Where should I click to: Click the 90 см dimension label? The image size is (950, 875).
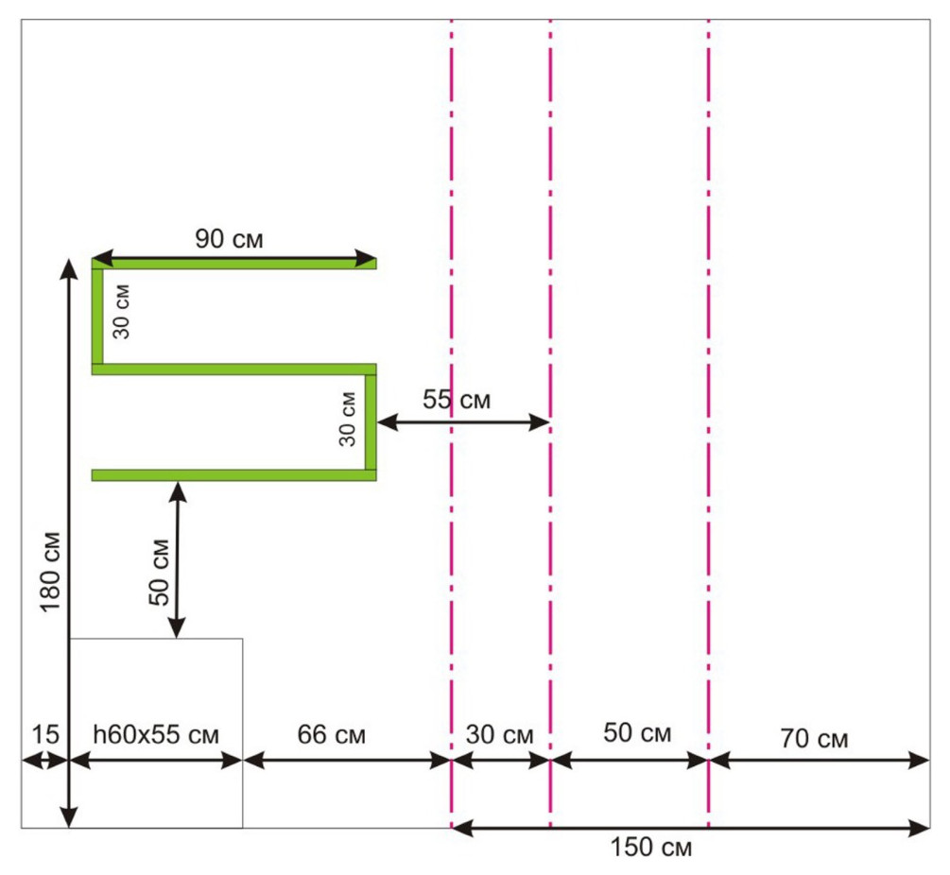[230, 239]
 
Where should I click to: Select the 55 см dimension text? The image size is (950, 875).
[457, 399]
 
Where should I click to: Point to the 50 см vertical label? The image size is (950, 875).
[159, 571]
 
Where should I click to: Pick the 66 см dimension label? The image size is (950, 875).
[331, 734]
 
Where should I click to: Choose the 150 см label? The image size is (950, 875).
[650, 848]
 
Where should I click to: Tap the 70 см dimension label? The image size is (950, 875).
[813, 738]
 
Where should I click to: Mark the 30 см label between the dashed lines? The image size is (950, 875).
[501, 734]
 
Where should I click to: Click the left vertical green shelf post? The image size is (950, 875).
[97, 316]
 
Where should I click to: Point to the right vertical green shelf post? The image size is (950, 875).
[371, 421]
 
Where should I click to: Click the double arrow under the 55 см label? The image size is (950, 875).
[463, 422]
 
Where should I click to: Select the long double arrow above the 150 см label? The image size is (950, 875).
[691, 829]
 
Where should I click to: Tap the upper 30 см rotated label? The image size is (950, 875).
[125, 312]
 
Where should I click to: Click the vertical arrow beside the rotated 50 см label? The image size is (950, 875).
[177, 558]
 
